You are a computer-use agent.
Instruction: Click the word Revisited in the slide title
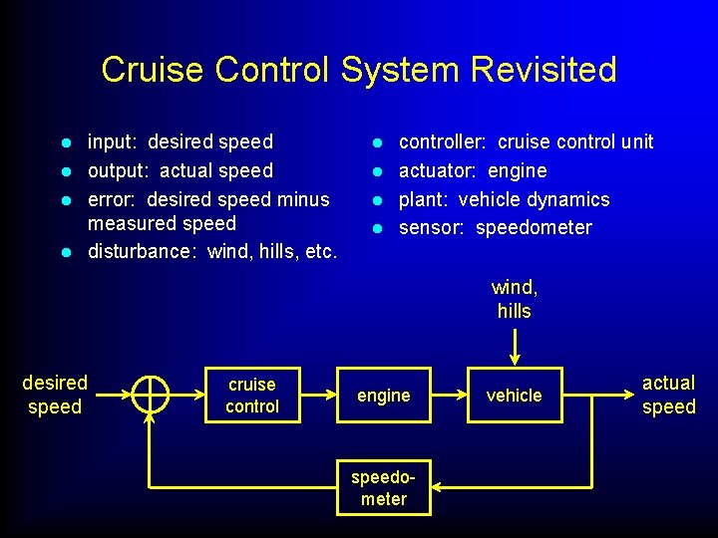click(x=543, y=70)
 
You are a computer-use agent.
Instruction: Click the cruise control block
click(x=252, y=396)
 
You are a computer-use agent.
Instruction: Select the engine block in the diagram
click(x=384, y=396)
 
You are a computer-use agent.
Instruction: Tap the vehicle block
click(x=514, y=396)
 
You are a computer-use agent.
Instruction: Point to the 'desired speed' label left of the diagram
click(x=55, y=395)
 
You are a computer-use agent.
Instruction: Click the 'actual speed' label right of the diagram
click(x=668, y=395)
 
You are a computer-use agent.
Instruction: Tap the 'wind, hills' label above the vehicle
click(x=514, y=299)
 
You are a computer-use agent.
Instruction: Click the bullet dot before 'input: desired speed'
click(x=65, y=143)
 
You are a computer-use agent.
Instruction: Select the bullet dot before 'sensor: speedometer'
click(x=376, y=228)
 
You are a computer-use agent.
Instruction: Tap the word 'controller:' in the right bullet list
click(x=442, y=142)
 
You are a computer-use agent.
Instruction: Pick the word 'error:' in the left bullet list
click(x=111, y=199)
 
